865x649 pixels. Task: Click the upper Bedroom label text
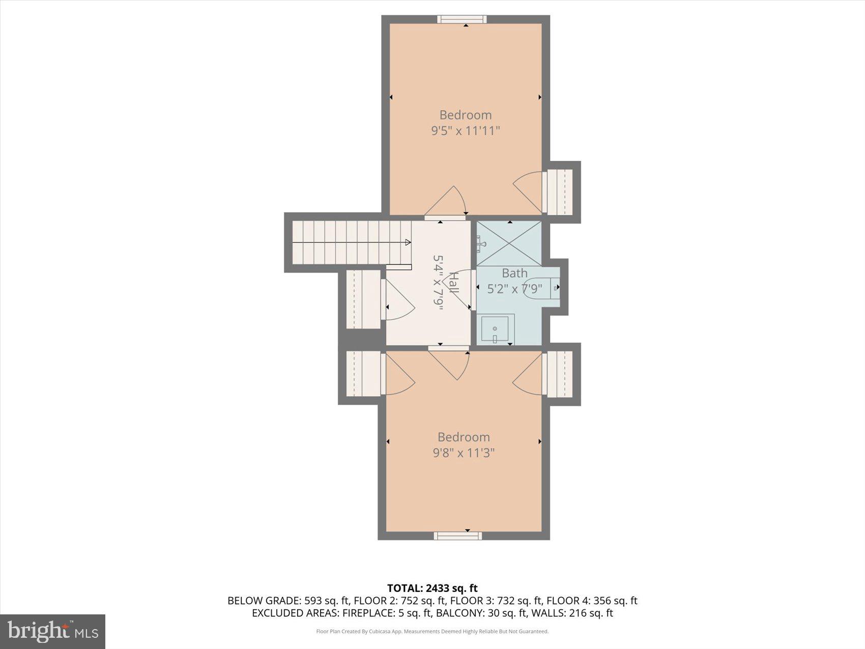[x=465, y=115]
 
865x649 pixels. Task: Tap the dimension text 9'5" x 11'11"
[x=465, y=131]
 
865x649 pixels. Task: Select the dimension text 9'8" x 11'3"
[x=464, y=453]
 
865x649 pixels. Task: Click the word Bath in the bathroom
[x=514, y=273]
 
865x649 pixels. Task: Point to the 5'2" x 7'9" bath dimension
[x=514, y=289]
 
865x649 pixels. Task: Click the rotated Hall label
[x=453, y=283]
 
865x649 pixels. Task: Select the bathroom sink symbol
[x=495, y=328]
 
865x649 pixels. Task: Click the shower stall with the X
[x=509, y=243]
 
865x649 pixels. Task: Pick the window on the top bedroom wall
[x=462, y=19]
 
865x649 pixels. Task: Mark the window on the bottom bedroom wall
[x=458, y=535]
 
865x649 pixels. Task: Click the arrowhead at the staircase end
[x=408, y=243]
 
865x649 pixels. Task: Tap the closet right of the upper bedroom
[x=559, y=192]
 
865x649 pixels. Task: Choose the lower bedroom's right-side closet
[x=559, y=374]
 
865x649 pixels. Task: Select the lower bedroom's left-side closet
[x=363, y=374]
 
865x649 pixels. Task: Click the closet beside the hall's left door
[x=363, y=299]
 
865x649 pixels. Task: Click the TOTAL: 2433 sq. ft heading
[x=432, y=588]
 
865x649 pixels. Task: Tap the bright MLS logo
[x=53, y=632]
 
